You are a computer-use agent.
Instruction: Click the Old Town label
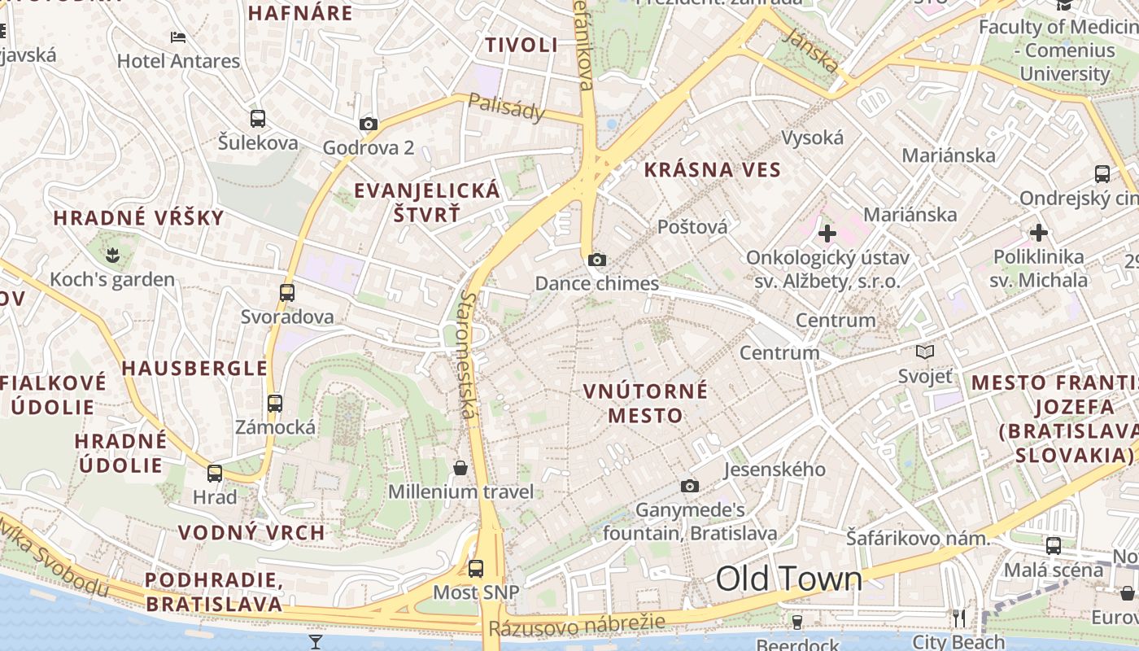[x=788, y=579]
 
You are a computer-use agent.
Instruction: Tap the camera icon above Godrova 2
[x=369, y=124]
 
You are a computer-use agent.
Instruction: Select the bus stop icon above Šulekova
[x=258, y=119]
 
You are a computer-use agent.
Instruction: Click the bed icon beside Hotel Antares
[x=178, y=37]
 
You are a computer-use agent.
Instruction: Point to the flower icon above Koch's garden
[x=112, y=256]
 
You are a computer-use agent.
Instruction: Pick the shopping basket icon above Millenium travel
[x=460, y=467]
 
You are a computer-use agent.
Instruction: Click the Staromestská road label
[x=466, y=355]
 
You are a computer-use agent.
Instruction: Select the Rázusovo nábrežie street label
[x=577, y=625]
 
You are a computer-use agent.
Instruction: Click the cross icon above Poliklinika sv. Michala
[x=1038, y=233]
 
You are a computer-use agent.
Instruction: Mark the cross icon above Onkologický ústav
[x=827, y=234]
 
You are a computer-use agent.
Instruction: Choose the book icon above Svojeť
[x=925, y=352]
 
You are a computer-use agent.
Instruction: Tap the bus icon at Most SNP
[x=476, y=568]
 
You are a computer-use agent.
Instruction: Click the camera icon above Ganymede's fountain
[x=690, y=486]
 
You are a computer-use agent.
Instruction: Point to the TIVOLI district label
[x=521, y=46]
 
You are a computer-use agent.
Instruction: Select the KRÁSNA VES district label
[x=712, y=170]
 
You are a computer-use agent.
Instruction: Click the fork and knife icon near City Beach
[x=959, y=618]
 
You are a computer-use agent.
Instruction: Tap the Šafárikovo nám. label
[x=918, y=538]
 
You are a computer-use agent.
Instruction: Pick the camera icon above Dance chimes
[x=597, y=260]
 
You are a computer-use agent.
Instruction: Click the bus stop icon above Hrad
[x=215, y=473]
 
